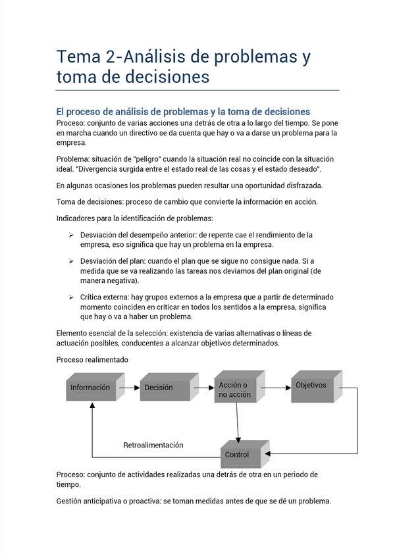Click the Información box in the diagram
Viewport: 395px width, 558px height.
pos(91,388)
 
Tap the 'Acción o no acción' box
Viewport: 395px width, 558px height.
pos(235,389)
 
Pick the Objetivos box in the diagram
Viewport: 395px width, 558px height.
pos(311,386)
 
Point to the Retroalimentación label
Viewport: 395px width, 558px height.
pos(153,445)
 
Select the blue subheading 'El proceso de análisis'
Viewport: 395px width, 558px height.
pos(183,112)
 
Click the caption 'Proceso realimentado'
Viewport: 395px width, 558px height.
pos(92,360)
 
